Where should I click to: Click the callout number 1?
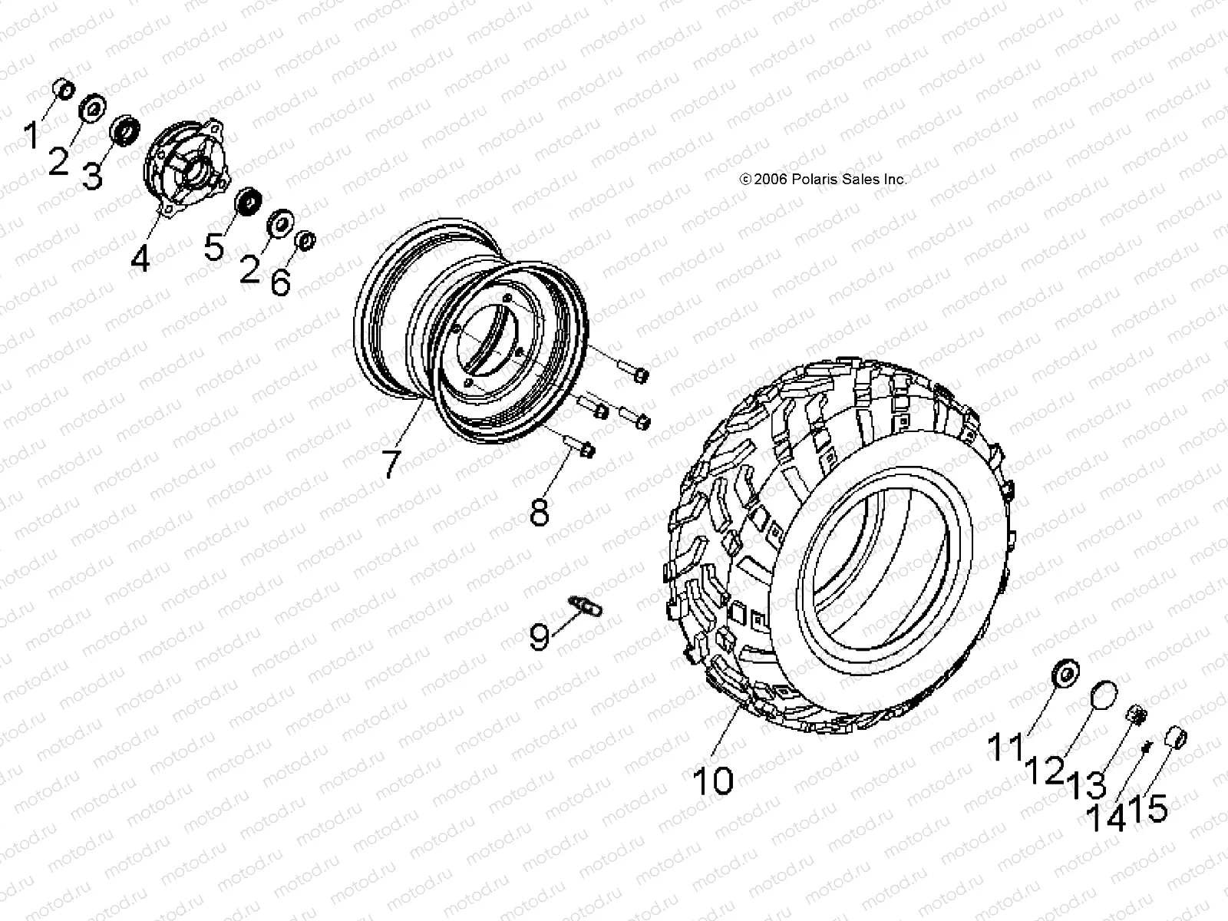coord(31,137)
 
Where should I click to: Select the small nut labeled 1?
coord(64,90)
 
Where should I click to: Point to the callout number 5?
coord(213,247)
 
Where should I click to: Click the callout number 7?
coord(391,464)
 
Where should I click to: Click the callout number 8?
coord(540,513)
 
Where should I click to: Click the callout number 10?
coord(713,780)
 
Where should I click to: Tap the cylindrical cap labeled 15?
coord(1178,738)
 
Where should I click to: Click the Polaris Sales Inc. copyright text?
coord(823,179)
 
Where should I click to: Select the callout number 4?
coord(140,258)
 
